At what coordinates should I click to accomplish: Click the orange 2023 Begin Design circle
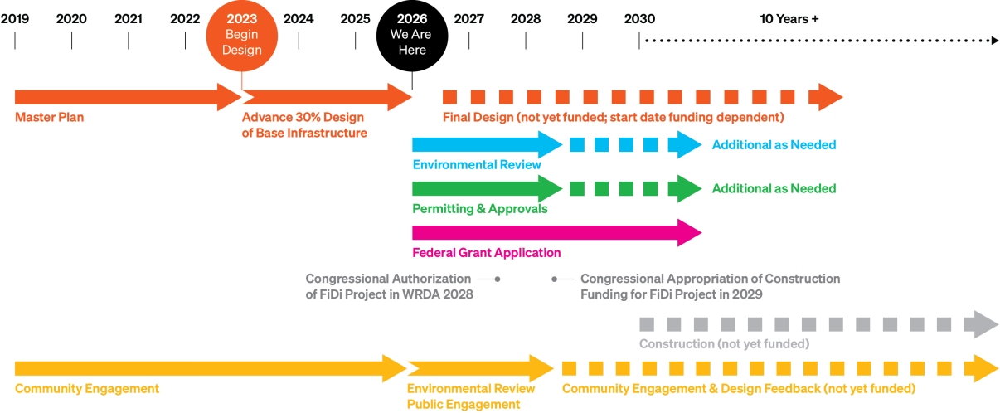pos(241,36)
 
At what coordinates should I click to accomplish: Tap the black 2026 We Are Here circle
pos(412,36)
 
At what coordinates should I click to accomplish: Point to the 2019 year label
pos(15,19)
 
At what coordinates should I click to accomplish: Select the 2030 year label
pos(639,19)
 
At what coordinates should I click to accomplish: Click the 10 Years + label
pos(789,19)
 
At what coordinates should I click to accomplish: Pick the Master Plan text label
pos(49,118)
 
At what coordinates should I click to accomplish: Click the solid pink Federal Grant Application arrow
pos(547,233)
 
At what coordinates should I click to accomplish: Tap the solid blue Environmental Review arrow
pos(481,145)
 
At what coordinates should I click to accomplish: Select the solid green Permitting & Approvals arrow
pos(481,188)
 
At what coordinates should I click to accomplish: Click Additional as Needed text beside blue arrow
pos(774,145)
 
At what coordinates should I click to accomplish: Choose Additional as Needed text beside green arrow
pos(774,188)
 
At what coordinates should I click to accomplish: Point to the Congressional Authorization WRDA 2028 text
pos(389,286)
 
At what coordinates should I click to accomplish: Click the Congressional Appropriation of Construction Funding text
pos(710,286)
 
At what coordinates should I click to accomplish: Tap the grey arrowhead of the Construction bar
pos(985,324)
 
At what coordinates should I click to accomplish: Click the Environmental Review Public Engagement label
pos(470,396)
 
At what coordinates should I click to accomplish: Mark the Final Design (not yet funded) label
pos(613,118)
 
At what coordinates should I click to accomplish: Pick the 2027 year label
pos(469,19)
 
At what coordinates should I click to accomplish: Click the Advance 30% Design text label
pos(304,125)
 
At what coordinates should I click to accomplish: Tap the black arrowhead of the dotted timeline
pos(995,40)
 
